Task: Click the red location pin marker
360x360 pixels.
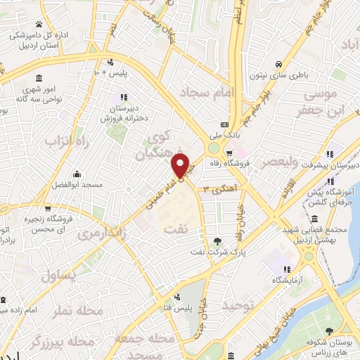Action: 181,166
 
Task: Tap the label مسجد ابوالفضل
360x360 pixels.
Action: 76,184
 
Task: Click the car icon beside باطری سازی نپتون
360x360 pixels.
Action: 279,60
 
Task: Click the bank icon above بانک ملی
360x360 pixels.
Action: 224,120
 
